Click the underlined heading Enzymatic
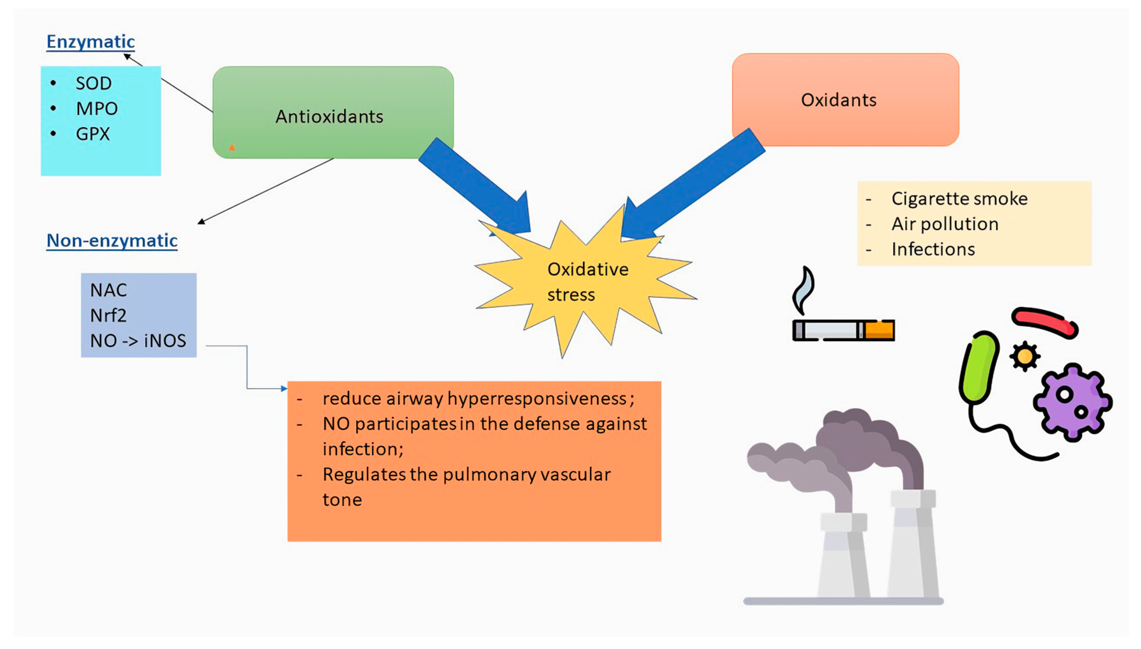click(x=91, y=42)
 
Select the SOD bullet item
click(x=93, y=84)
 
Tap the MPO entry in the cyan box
click(x=97, y=109)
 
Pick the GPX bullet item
click(x=93, y=134)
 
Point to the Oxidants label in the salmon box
click(x=838, y=100)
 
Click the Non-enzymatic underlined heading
click(x=112, y=241)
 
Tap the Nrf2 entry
click(x=108, y=316)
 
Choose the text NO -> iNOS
click(x=138, y=341)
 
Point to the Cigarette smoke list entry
click(x=959, y=199)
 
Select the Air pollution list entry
click(x=945, y=224)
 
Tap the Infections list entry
click(x=933, y=250)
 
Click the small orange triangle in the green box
click(x=232, y=147)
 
